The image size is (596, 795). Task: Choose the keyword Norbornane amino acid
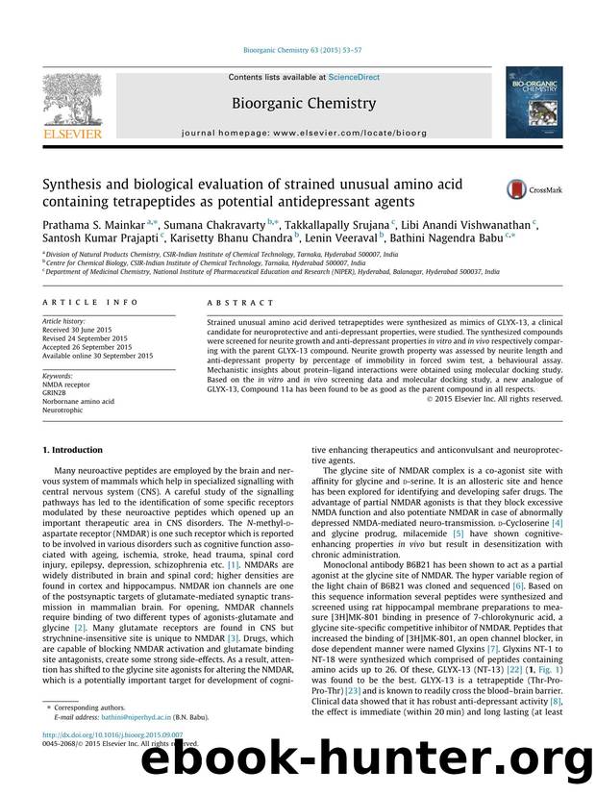(x=78, y=402)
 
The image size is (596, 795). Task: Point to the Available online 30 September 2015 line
(x=96, y=356)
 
